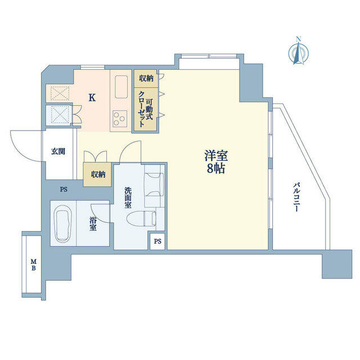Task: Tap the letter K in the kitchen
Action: click(92, 98)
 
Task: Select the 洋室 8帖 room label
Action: click(216, 162)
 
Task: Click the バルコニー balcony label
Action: click(296, 197)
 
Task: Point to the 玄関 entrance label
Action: click(58, 151)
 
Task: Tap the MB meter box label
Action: click(34, 264)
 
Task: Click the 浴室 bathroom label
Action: click(93, 224)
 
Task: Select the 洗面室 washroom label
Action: click(128, 197)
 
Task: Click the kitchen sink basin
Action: click(121, 87)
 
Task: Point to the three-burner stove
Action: click(120, 118)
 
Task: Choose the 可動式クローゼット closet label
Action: click(146, 110)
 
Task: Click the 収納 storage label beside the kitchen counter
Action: click(146, 79)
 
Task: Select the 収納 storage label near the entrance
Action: click(98, 174)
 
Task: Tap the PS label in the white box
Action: click(157, 241)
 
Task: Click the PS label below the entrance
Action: click(64, 190)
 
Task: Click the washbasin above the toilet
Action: click(154, 184)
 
